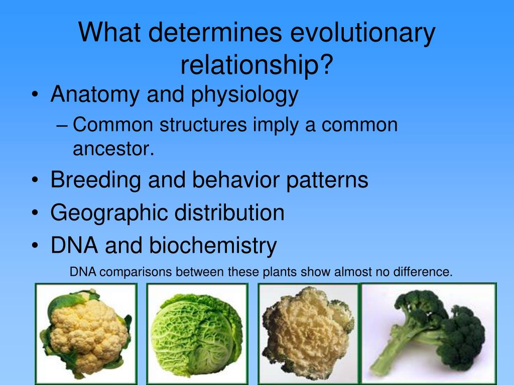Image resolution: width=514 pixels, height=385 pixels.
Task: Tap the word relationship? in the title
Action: pyautogui.click(x=257, y=65)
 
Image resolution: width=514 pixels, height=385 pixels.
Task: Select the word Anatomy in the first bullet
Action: pyautogui.click(x=95, y=95)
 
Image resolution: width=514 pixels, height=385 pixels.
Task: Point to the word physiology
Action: pyautogui.click(x=244, y=95)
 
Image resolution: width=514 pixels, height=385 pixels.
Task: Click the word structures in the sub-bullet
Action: pyautogui.click(x=203, y=125)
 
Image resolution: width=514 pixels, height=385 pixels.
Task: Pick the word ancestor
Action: pyautogui.click(x=113, y=149)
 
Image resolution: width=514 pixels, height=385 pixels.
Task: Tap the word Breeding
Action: pyautogui.click(x=96, y=180)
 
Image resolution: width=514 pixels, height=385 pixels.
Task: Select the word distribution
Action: pyautogui.click(x=229, y=213)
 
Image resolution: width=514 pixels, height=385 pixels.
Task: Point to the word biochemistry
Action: pyautogui.click(x=213, y=246)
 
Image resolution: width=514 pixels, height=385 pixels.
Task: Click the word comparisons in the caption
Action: pyautogui.click(x=136, y=272)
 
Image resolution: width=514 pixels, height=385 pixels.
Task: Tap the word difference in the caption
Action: pyautogui.click(x=423, y=272)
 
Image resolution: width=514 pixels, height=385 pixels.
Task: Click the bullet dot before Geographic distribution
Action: pyautogui.click(x=35, y=213)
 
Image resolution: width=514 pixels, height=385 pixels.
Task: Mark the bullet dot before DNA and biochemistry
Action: pyautogui.click(x=35, y=246)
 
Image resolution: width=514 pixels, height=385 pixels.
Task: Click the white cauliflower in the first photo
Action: pyautogui.click(x=86, y=332)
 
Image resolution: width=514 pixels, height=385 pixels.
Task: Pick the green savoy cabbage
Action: pyautogui.click(x=196, y=334)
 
